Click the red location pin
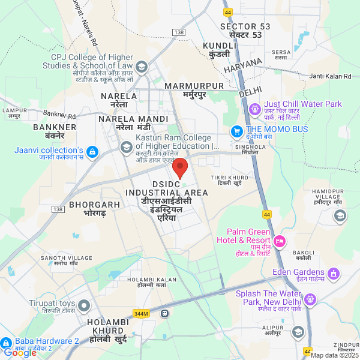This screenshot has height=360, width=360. [x=181, y=166]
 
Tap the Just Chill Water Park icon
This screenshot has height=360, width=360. [x=254, y=109]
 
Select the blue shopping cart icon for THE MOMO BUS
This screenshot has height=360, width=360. [x=237, y=130]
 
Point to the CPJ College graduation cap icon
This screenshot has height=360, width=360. [x=142, y=66]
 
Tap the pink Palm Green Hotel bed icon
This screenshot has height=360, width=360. [x=280, y=241]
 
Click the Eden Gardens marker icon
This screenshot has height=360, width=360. [x=333, y=274]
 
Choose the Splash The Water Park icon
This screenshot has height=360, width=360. [x=310, y=299]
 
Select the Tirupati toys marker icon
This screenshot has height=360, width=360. [x=83, y=306]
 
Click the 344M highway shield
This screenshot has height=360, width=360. [x=141, y=313]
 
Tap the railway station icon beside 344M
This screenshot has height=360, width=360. [x=164, y=313]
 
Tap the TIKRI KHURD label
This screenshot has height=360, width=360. [x=229, y=178]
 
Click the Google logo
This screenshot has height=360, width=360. [x=20, y=353]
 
